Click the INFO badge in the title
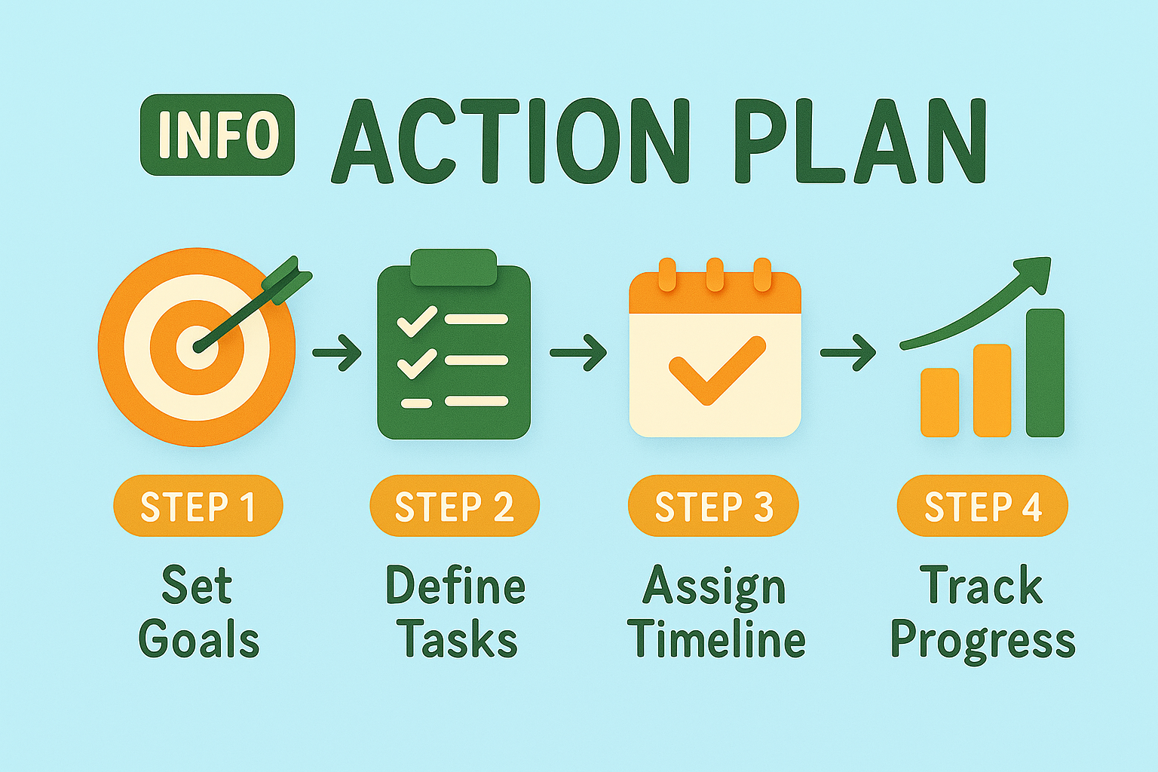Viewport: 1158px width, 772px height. pyautogui.click(x=217, y=134)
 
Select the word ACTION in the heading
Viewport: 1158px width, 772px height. pyautogui.click(x=509, y=139)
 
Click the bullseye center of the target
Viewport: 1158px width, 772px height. pyautogui.click(x=198, y=347)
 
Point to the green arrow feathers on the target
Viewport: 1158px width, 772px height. pyautogui.click(x=287, y=279)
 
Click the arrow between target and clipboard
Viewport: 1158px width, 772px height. pyautogui.click(x=337, y=353)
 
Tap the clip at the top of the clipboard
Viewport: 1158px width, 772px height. pyautogui.click(x=453, y=268)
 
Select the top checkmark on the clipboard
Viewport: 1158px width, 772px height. pyautogui.click(x=417, y=321)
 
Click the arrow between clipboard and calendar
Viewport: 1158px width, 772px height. pyautogui.click(x=578, y=353)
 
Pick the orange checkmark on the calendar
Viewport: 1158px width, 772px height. pyautogui.click(x=716, y=370)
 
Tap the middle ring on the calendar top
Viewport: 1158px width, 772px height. pyautogui.click(x=715, y=275)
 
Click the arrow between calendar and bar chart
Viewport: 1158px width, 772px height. pyautogui.click(x=848, y=353)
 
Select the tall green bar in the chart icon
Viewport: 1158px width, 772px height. pyautogui.click(x=1045, y=373)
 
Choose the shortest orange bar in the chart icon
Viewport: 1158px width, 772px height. pyautogui.click(x=940, y=403)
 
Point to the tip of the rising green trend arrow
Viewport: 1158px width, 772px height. pyautogui.click(x=1050, y=258)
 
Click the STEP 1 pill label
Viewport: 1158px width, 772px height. pyautogui.click(x=198, y=506)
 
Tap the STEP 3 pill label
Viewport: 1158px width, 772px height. pyautogui.click(x=713, y=506)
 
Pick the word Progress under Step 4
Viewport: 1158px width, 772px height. pyautogui.click(x=983, y=643)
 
